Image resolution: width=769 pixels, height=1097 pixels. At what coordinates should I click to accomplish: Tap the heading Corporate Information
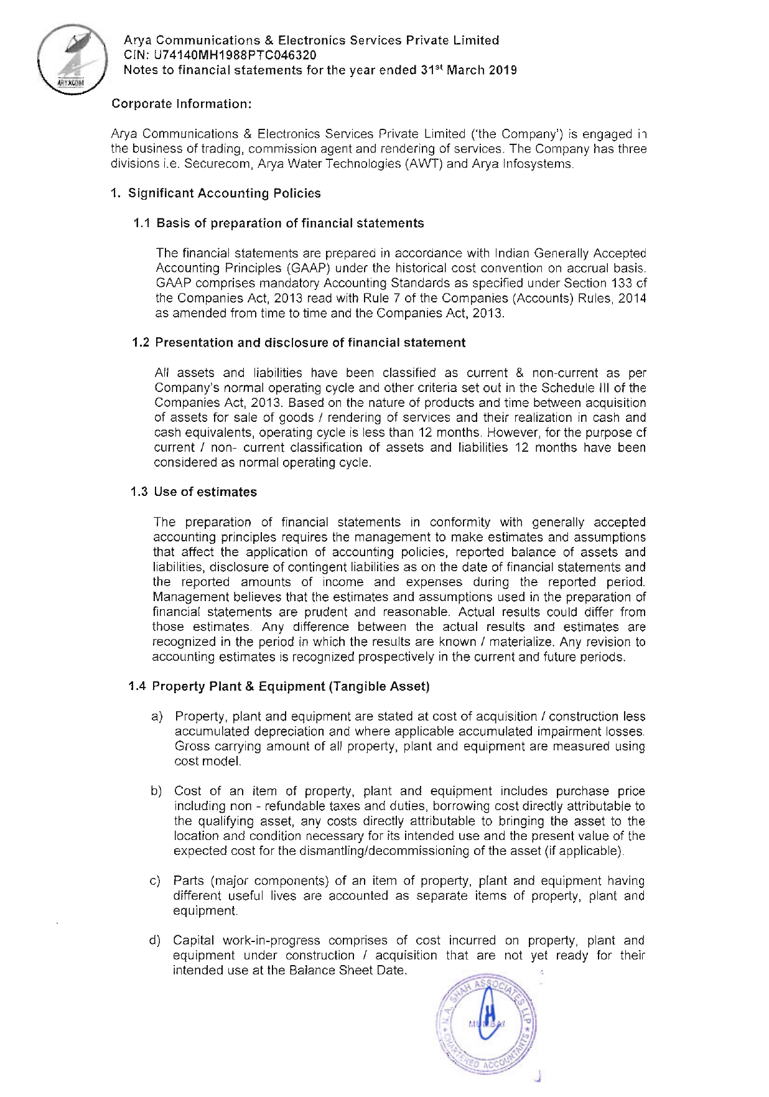tap(181, 104)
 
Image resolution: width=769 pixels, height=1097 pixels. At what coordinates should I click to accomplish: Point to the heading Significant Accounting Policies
tap(224, 194)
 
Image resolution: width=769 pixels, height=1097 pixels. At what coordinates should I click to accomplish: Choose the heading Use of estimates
tap(205, 492)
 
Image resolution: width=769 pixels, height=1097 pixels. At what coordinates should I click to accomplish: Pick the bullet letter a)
tap(157, 717)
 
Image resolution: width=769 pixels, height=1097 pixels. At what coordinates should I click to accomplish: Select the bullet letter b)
tap(156, 791)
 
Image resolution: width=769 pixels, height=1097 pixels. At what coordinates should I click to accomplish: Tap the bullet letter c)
tap(156, 881)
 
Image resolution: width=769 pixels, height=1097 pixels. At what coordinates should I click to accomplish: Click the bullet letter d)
tap(155, 941)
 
